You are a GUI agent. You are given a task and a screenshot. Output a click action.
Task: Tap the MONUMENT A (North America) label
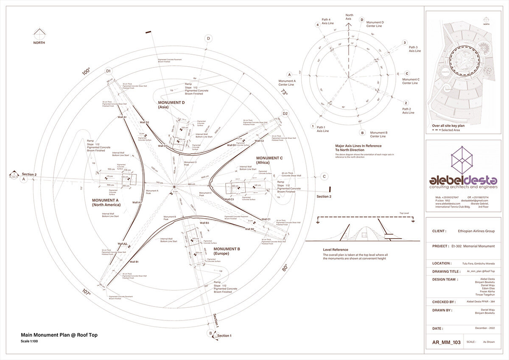106,202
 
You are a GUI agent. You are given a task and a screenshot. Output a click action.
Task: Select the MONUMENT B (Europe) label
227,251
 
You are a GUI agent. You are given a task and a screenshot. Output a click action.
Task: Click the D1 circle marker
109,71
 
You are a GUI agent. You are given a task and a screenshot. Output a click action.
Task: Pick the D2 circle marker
285,113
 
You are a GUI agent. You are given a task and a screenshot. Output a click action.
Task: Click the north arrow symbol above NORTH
39,33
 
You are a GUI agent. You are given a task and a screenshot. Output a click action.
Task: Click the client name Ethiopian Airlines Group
476,231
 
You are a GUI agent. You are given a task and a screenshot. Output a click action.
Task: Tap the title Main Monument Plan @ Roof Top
59,335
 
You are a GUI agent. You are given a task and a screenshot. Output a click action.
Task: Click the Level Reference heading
336,250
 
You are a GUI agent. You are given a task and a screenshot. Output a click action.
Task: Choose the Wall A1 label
122,117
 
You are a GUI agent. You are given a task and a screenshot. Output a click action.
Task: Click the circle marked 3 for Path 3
405,42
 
